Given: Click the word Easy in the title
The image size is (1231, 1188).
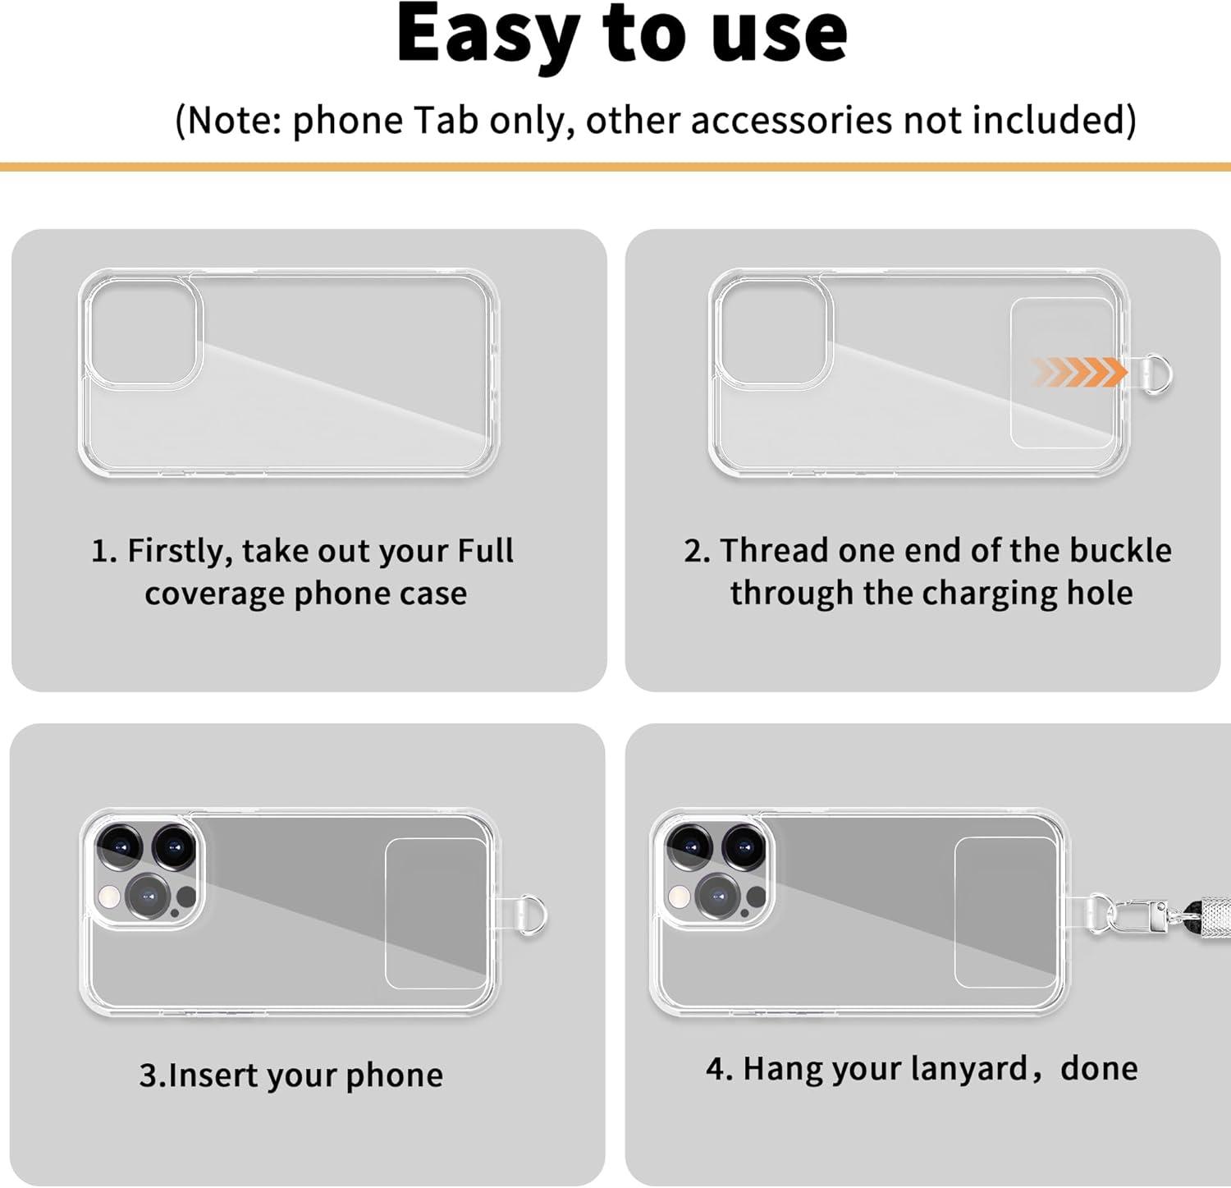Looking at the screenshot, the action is click(x=488, y=35).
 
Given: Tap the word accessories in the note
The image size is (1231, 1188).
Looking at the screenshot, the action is click(x=791, y=120).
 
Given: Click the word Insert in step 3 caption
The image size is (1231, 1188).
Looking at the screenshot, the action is click(x=212, y=1075).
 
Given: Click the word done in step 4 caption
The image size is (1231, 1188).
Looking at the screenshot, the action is click(x=1099, y=1068).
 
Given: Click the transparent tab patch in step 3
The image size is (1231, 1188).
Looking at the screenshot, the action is click(x=437, y=913).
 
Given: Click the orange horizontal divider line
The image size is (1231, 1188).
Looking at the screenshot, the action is click(x=615, y=167).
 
